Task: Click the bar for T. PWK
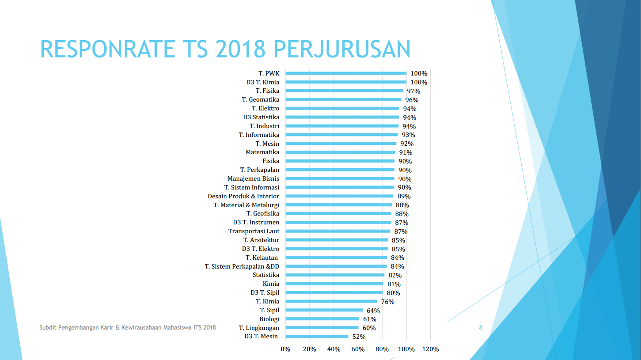(x=346, y=73)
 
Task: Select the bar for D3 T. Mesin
(x=317, y=337)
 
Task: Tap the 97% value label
(x=413, y=91)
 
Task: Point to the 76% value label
(x=387, y=302)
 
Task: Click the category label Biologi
(x=269, y=319)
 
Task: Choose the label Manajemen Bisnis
(x=253, y=178)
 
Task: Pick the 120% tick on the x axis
(x=431, y=349)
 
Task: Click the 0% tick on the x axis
(x=285, y=349)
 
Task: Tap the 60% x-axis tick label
(x=358, y=349)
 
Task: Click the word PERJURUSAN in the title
(x=342, y=49)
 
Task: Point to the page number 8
(x=481, y=327)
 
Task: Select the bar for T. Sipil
(x=324, y=310)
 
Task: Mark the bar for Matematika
(x=340, y=152)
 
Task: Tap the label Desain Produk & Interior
(x=243, y=196)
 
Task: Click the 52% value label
(x=359, y=337)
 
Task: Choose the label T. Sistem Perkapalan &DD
(x=242, y=266)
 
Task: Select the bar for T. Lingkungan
(x=322, y=328)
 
